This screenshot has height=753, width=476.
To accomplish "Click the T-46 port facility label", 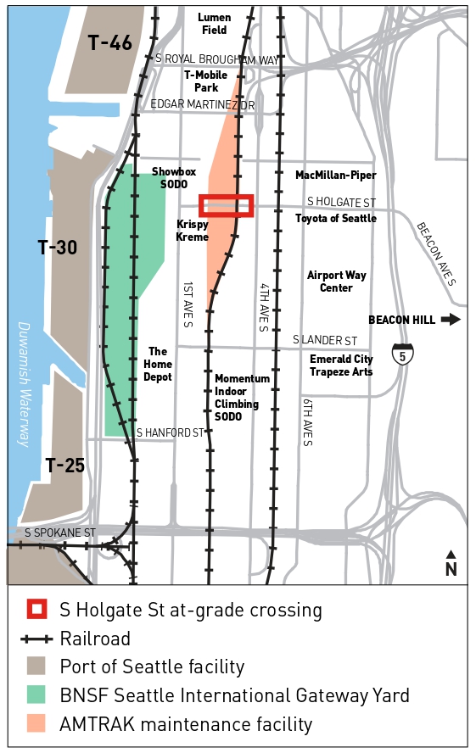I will [x=110, y=42].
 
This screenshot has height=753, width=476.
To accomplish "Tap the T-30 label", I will [x=58, y=248].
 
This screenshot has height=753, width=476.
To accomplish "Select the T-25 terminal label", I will [x=65, y=465].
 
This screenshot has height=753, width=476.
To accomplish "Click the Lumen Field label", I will [x=214, y=24].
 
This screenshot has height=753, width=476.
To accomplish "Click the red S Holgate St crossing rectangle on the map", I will [x=226, y=206].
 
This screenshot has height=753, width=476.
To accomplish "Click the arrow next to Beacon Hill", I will [x=451, y=319].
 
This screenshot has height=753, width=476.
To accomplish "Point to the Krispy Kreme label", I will [x=192, y=230].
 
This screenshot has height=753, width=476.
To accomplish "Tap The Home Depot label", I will [x=160, y=364].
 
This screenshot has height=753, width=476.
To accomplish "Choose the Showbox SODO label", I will [x=174, y=177].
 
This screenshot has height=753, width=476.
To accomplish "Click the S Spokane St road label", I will [x=60, y=533].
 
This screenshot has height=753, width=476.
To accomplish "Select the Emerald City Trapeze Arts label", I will [x=341, y=365].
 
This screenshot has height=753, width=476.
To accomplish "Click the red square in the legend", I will [x=36, y=610].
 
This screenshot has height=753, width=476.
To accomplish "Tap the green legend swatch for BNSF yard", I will [x=36, y=695].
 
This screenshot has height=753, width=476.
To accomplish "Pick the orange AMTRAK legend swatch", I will [x=36, y=724].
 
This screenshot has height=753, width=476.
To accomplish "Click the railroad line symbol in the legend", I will [x=36, y=639].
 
